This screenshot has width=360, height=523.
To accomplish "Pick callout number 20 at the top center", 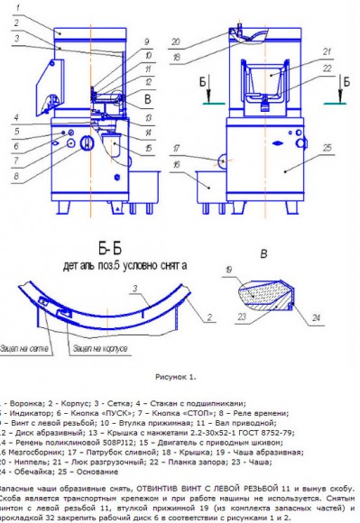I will click(178, 40).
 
